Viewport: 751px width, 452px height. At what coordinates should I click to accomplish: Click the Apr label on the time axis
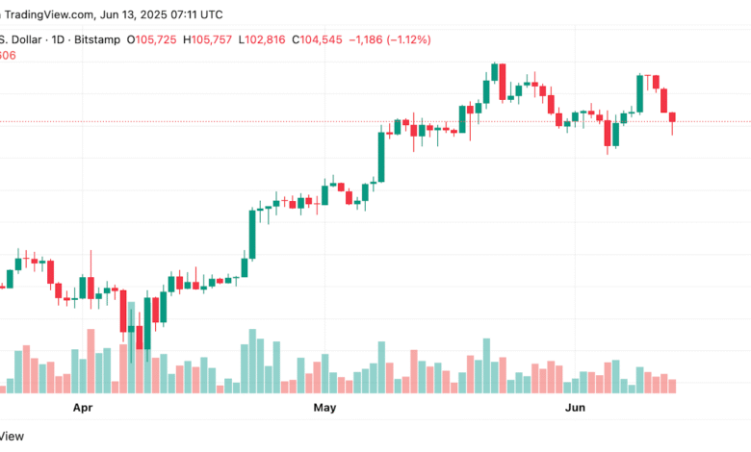tap(85, 408)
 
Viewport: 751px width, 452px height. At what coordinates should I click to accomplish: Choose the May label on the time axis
tap(325, 408)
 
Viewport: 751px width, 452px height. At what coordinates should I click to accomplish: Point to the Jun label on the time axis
tap(575, 408)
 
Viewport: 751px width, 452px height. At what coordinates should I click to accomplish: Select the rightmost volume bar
tap(672, 386)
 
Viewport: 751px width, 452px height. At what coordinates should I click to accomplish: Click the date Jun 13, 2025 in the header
tap(136, 15)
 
